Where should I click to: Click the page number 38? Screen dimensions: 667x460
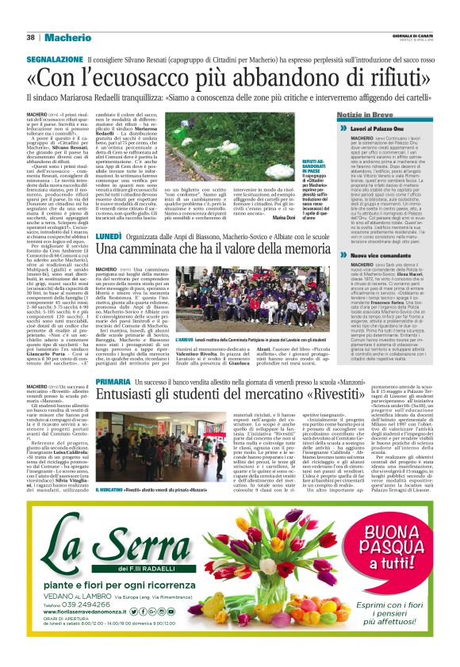point(30,37)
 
